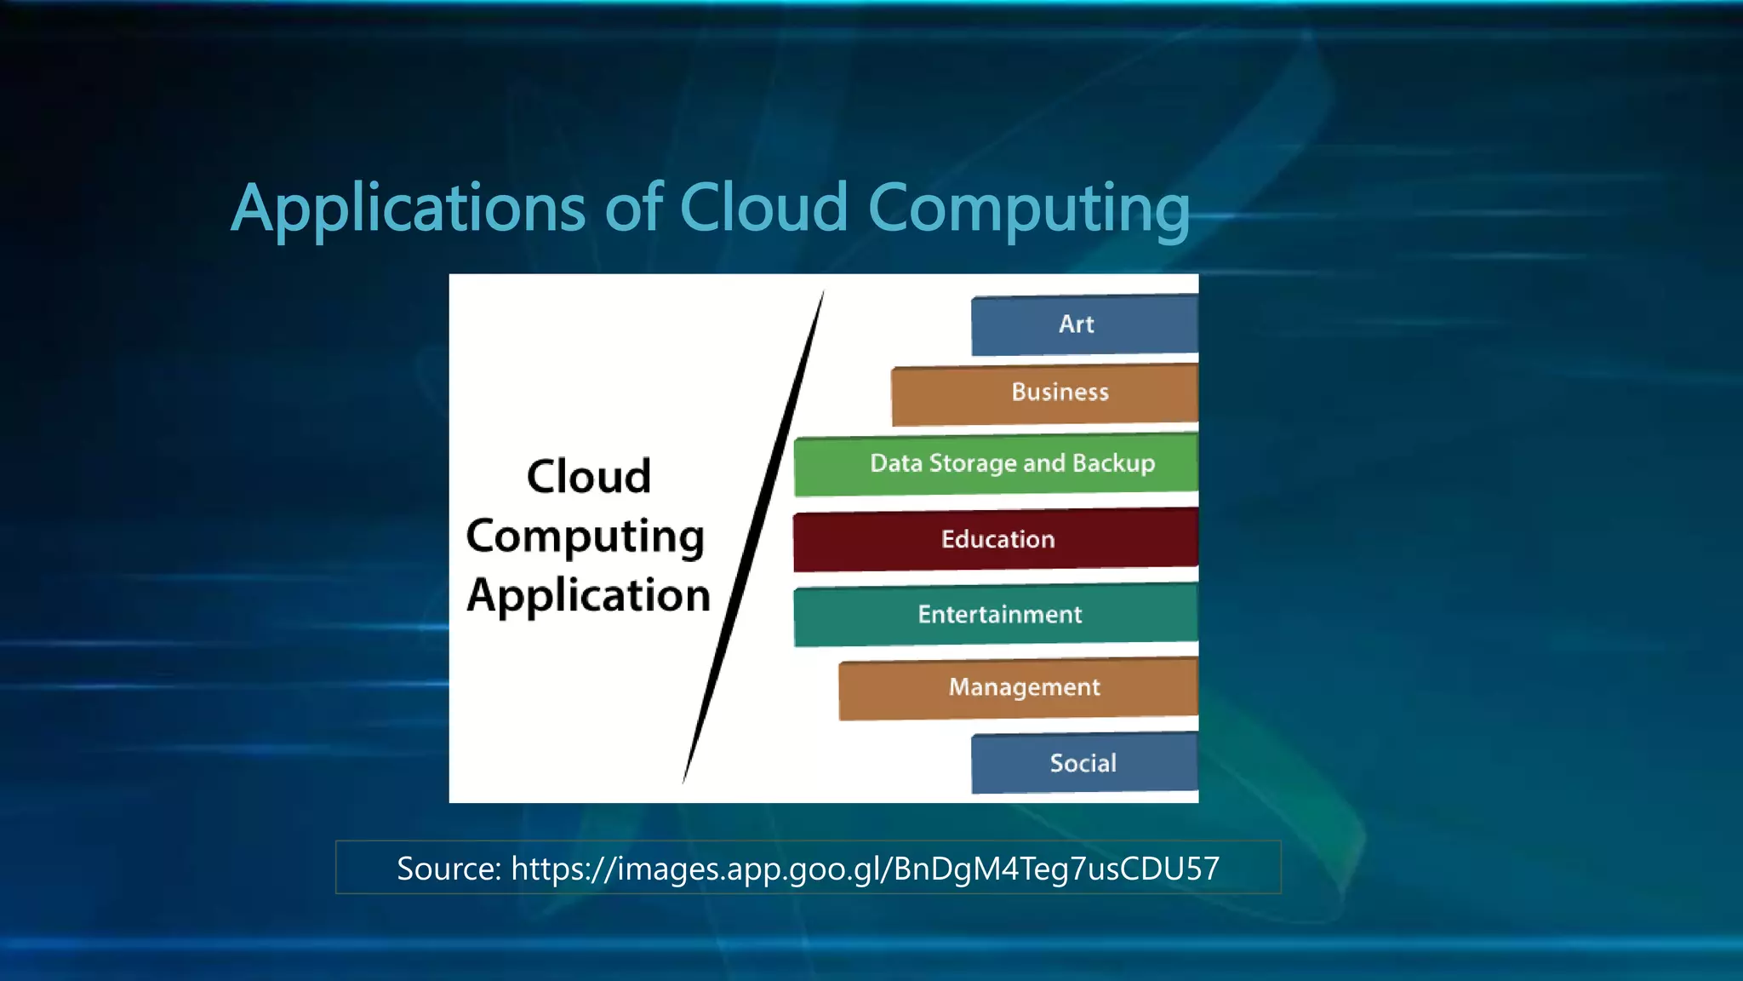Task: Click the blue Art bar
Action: [1083, 324]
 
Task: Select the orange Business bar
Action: [1044, 393]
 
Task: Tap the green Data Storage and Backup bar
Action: [996, 464]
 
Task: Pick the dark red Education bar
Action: [996, 539]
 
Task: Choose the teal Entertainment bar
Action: [996, 614]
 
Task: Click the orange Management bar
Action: [1019, 687]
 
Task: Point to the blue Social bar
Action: [1083, 763]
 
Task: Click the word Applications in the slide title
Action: [409, 209]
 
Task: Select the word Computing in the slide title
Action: [1028, 209]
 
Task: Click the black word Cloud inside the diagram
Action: [589, 476]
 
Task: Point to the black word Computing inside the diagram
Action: [586, 537]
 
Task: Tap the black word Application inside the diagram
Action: [588, 595]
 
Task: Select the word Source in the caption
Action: [448, 869]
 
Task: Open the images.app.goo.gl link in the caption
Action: [865, 869]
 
